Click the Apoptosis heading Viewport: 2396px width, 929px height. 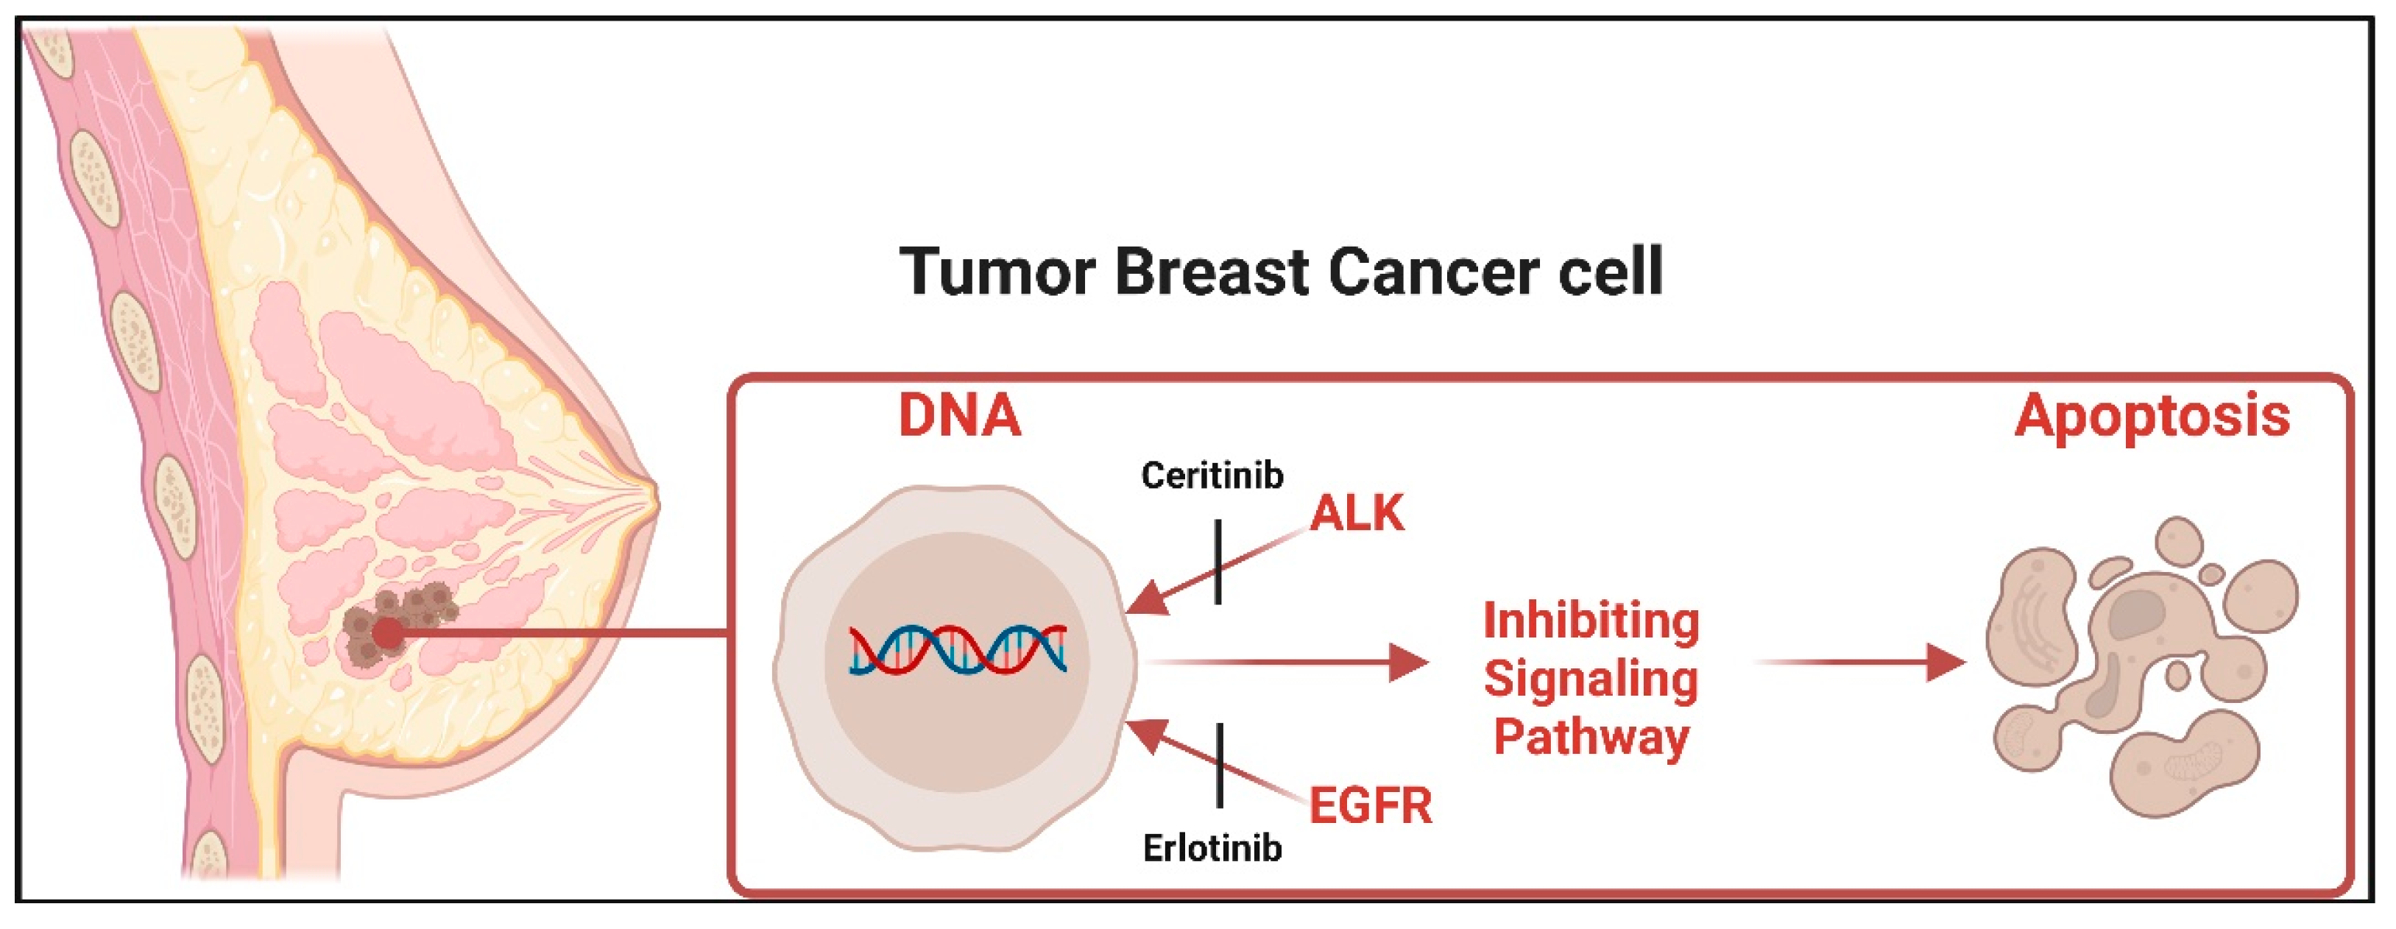(x=2152, y=417)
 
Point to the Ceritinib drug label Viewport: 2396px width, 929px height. (x=1212, y=476)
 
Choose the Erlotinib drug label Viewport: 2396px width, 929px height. (x=1212, y=848)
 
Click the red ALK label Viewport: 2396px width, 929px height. (x=1357, y=513)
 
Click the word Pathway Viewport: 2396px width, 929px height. (x=1591, y=738)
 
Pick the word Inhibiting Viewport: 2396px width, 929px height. (x=1591, y=621)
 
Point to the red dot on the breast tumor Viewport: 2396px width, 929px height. (x=388, y=635)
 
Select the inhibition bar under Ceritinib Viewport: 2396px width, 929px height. (x=1218, y=562)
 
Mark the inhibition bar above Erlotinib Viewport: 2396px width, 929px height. (x=1218, y=766)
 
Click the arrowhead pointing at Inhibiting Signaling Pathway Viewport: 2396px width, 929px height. (x=1408, y=662)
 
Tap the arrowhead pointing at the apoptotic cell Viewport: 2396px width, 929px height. (x=1946, y=662)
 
